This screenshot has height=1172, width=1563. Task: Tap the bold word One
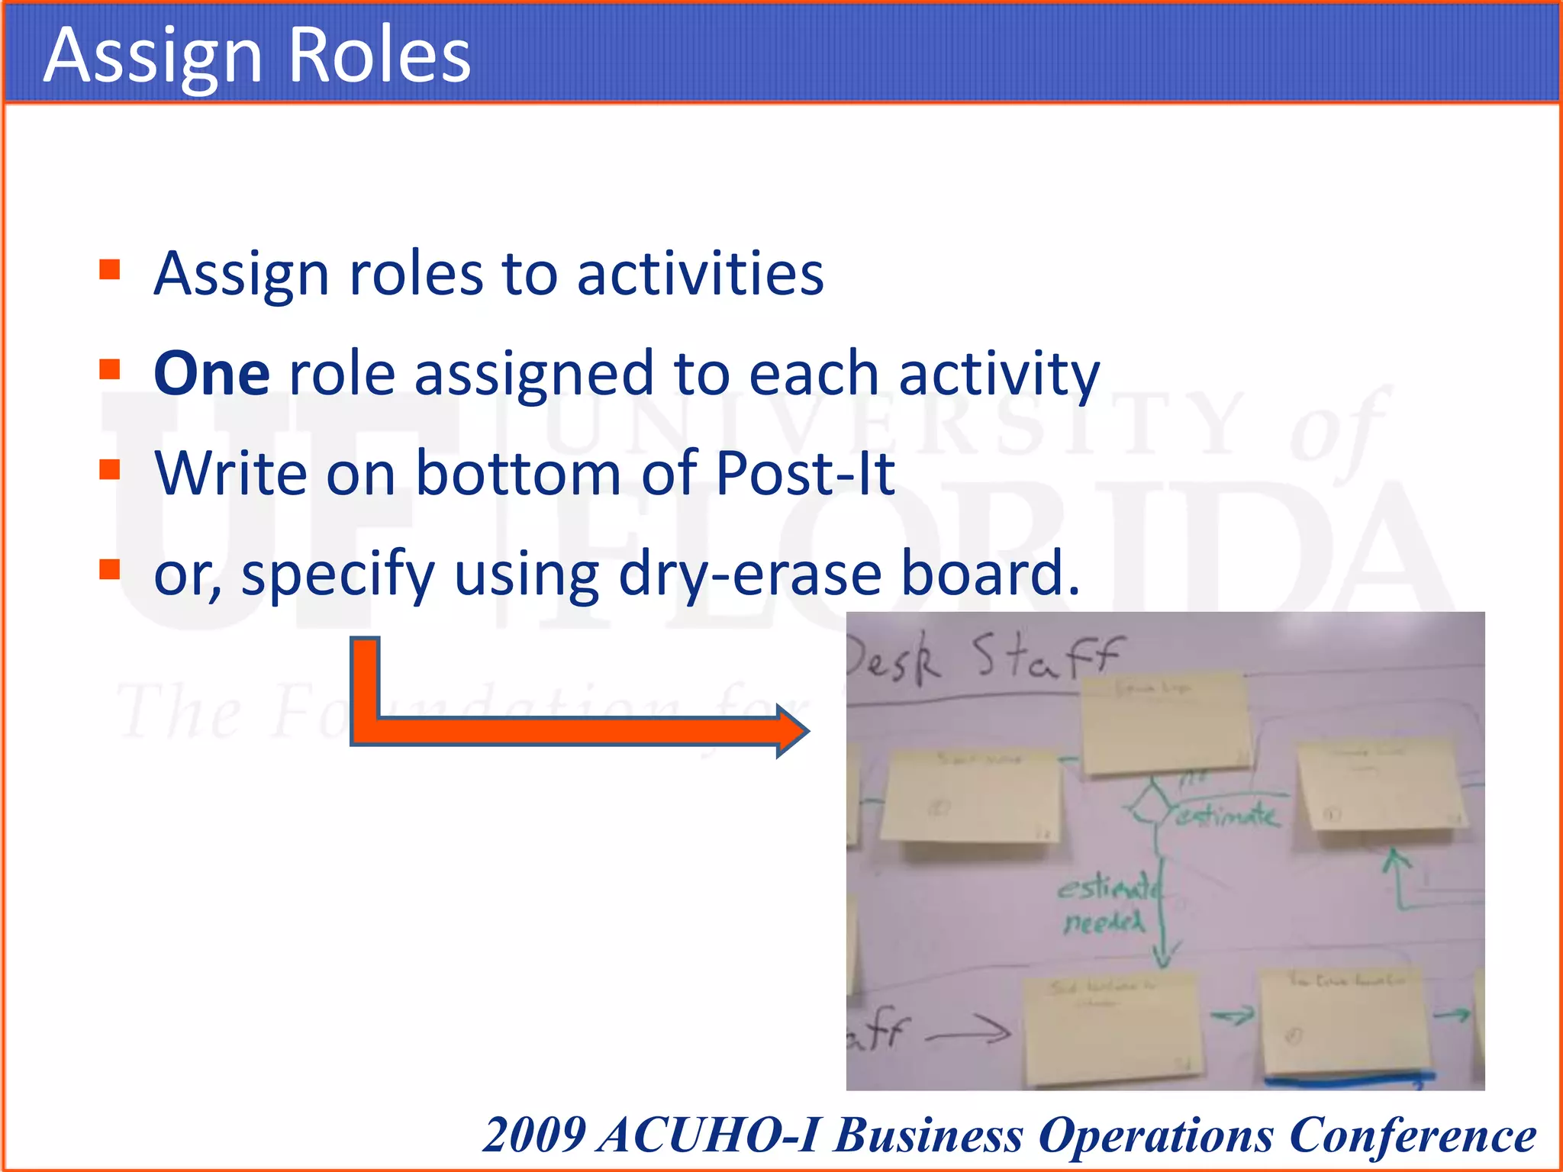click(211, 374)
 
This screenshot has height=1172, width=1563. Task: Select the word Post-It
click(805, 474)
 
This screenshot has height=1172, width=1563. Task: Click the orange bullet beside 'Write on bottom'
click(110, 469)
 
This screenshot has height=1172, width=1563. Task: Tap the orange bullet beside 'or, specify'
click(110, 569)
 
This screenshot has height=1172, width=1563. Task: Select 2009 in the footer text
click(534, 1135)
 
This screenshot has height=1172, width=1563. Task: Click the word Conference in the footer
click(1412, 1135)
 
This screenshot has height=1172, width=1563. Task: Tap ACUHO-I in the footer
click(710, 1135)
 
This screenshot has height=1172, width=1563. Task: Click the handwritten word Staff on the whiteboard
click(1046, 658)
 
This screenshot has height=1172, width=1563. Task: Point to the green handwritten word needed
click(1104, 923)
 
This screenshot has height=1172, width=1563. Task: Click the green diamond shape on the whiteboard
click(1151, 804)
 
